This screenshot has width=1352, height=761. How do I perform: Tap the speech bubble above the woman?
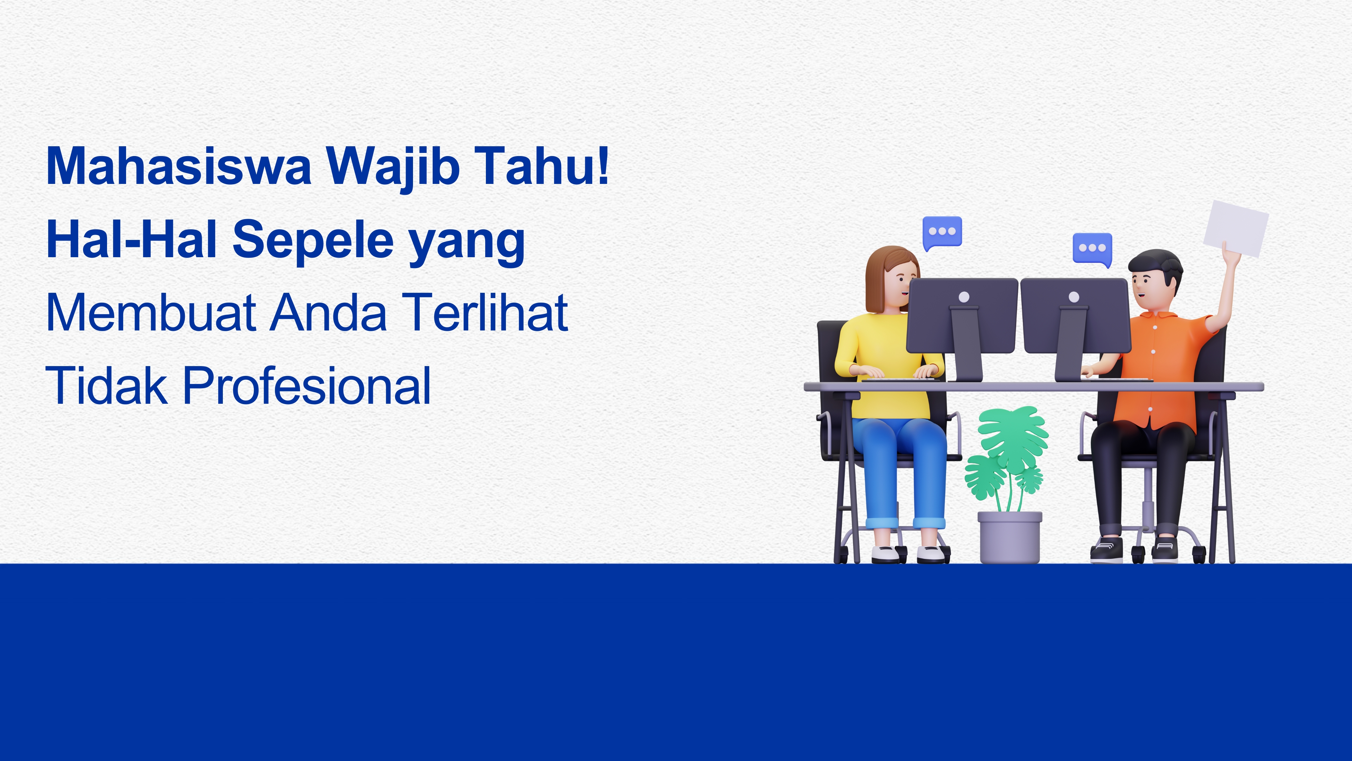[942, 232]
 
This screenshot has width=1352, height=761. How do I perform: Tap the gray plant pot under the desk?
[1010, 537]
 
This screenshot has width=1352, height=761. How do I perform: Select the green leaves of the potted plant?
[1008, 452]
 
